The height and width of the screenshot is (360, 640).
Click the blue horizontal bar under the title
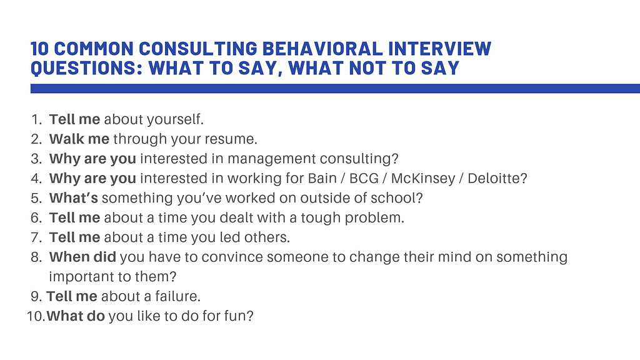point(335,89)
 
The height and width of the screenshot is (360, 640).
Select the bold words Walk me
point(79,138)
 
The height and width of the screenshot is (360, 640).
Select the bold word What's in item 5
point(74,198)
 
